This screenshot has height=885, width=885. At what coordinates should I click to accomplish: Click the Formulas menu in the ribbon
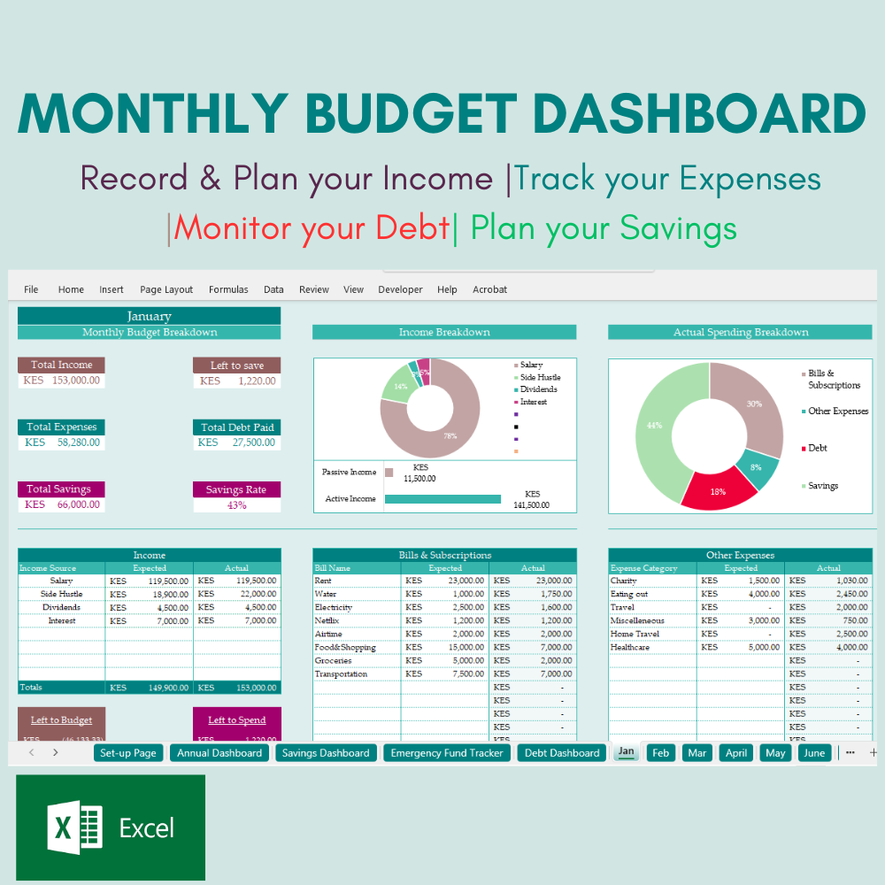click(x=228, y=289)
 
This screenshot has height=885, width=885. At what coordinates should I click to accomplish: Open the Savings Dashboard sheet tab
click(x=325, y=753)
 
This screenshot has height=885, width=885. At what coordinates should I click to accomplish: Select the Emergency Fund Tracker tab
click(x=447, y=753)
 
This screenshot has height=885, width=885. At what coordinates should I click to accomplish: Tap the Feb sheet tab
click(x=660, y=753)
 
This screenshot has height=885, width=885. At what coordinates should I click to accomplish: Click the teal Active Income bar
click(x=442, y=499)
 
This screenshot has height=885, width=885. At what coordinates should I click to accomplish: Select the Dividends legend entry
click(x=538, y=389)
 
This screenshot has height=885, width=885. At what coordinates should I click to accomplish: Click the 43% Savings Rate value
click(x=236, y=505)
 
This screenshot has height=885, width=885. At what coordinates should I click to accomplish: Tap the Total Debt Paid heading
click(x=236, y=427)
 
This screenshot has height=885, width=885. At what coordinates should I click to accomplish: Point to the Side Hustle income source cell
click(x=61, y=595)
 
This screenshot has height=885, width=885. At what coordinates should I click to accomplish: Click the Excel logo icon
click(x=74, y=828)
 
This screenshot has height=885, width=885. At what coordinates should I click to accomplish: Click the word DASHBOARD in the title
click(x=700, y=114)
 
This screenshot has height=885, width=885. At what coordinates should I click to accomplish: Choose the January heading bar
click(x=149, y=316)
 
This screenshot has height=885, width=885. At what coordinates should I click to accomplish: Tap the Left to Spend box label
click(x=236, y=720)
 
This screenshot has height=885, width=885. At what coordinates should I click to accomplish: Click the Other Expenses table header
click(x=740, y=555)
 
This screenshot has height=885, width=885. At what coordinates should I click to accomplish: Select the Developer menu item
click(x=400, y=289)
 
